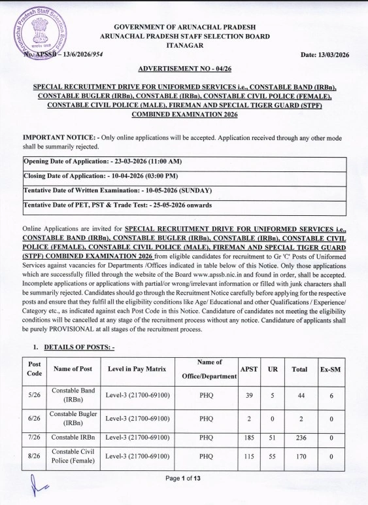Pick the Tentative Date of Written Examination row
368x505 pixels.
point(118,190)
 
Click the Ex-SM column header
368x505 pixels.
point(331,370)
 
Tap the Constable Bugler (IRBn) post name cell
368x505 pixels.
point(73,419)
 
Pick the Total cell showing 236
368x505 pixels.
point(299,437)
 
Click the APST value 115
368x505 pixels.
point(248,456)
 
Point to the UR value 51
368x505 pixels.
point(273,437)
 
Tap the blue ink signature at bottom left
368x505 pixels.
point(37,487)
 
